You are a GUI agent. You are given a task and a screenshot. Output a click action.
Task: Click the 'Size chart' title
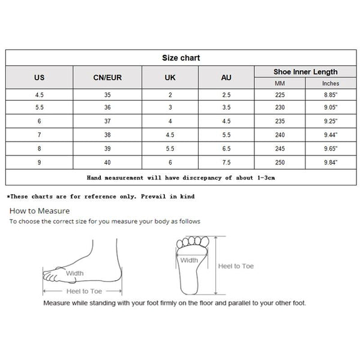[x=180, y=58]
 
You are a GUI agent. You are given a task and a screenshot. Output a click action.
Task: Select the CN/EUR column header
[x=108, y=77]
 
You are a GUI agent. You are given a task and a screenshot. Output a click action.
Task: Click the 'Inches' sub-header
[x=330, y=83]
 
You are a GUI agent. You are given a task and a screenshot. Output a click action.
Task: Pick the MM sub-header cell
[x=280, y=83]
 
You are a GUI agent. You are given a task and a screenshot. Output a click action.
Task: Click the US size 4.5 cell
[x=40, y=95]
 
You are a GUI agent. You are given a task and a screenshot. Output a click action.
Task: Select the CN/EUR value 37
[x=108, y=121]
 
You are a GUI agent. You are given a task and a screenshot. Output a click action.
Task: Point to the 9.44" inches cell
[x=330, y=135]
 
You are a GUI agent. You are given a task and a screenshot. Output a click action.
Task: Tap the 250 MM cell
[x=280, y=161]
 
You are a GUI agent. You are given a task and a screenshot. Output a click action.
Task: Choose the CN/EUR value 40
[x=108, y=161]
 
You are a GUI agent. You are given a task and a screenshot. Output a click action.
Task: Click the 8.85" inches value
[x=330, y=95]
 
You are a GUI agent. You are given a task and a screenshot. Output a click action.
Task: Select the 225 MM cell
[x=280, y=95]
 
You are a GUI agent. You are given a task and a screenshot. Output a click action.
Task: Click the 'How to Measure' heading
[x=40, y=211]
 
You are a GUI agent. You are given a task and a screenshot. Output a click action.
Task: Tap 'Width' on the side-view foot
[x=74, y=274]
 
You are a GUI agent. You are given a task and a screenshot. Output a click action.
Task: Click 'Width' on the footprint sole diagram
[x=189, y=260]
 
